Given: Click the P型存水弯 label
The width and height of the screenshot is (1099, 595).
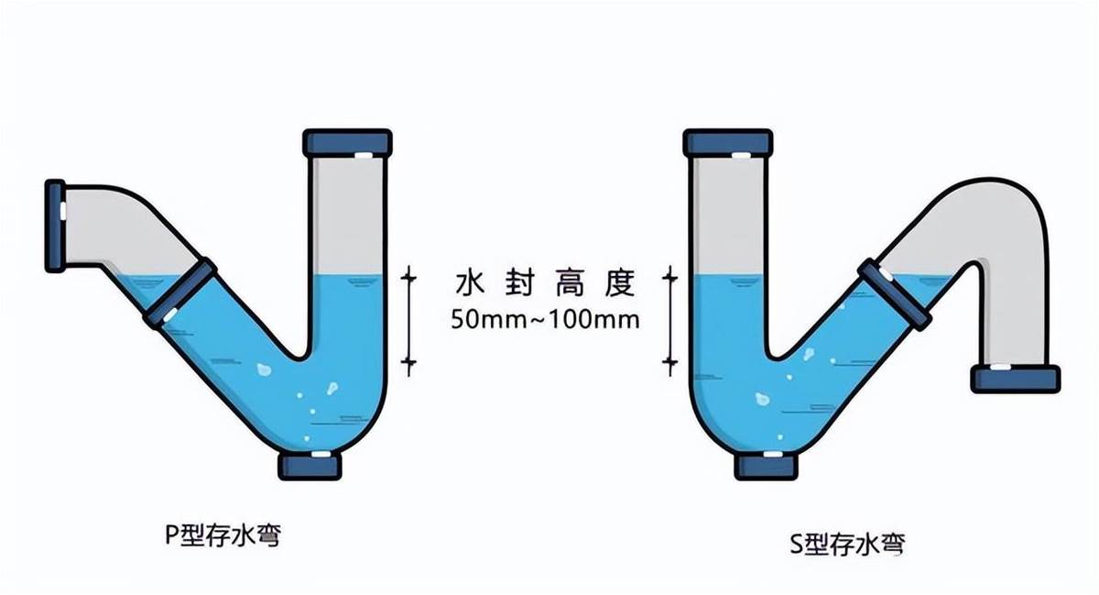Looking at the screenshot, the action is point(223,535).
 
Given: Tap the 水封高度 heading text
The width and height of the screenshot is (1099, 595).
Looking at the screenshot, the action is point(545,283).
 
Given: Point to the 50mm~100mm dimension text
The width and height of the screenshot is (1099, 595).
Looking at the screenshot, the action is point(545,320).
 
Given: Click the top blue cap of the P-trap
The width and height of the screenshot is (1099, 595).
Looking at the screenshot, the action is point(347,143).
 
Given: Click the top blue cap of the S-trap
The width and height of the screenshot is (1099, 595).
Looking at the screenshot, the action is point(728,143).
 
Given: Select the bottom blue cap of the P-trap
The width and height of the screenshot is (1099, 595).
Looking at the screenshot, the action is point(310,467).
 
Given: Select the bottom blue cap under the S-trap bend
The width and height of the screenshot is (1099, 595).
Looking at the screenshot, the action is point(766,467).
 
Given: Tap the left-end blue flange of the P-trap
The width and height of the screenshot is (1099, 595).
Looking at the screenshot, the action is point(55,226).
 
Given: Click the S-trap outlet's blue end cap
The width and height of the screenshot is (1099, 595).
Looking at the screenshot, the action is point(1016,380).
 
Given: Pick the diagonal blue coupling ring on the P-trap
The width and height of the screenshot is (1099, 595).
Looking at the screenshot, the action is point(180,292).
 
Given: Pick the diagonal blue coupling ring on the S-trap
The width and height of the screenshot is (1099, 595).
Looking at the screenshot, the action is point(895,294).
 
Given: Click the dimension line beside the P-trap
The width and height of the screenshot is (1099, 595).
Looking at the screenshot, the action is point(408,321).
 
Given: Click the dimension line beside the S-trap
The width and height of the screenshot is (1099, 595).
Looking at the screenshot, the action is point(670,321).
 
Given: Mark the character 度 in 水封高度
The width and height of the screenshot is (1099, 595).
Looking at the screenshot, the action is point(621,283).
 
